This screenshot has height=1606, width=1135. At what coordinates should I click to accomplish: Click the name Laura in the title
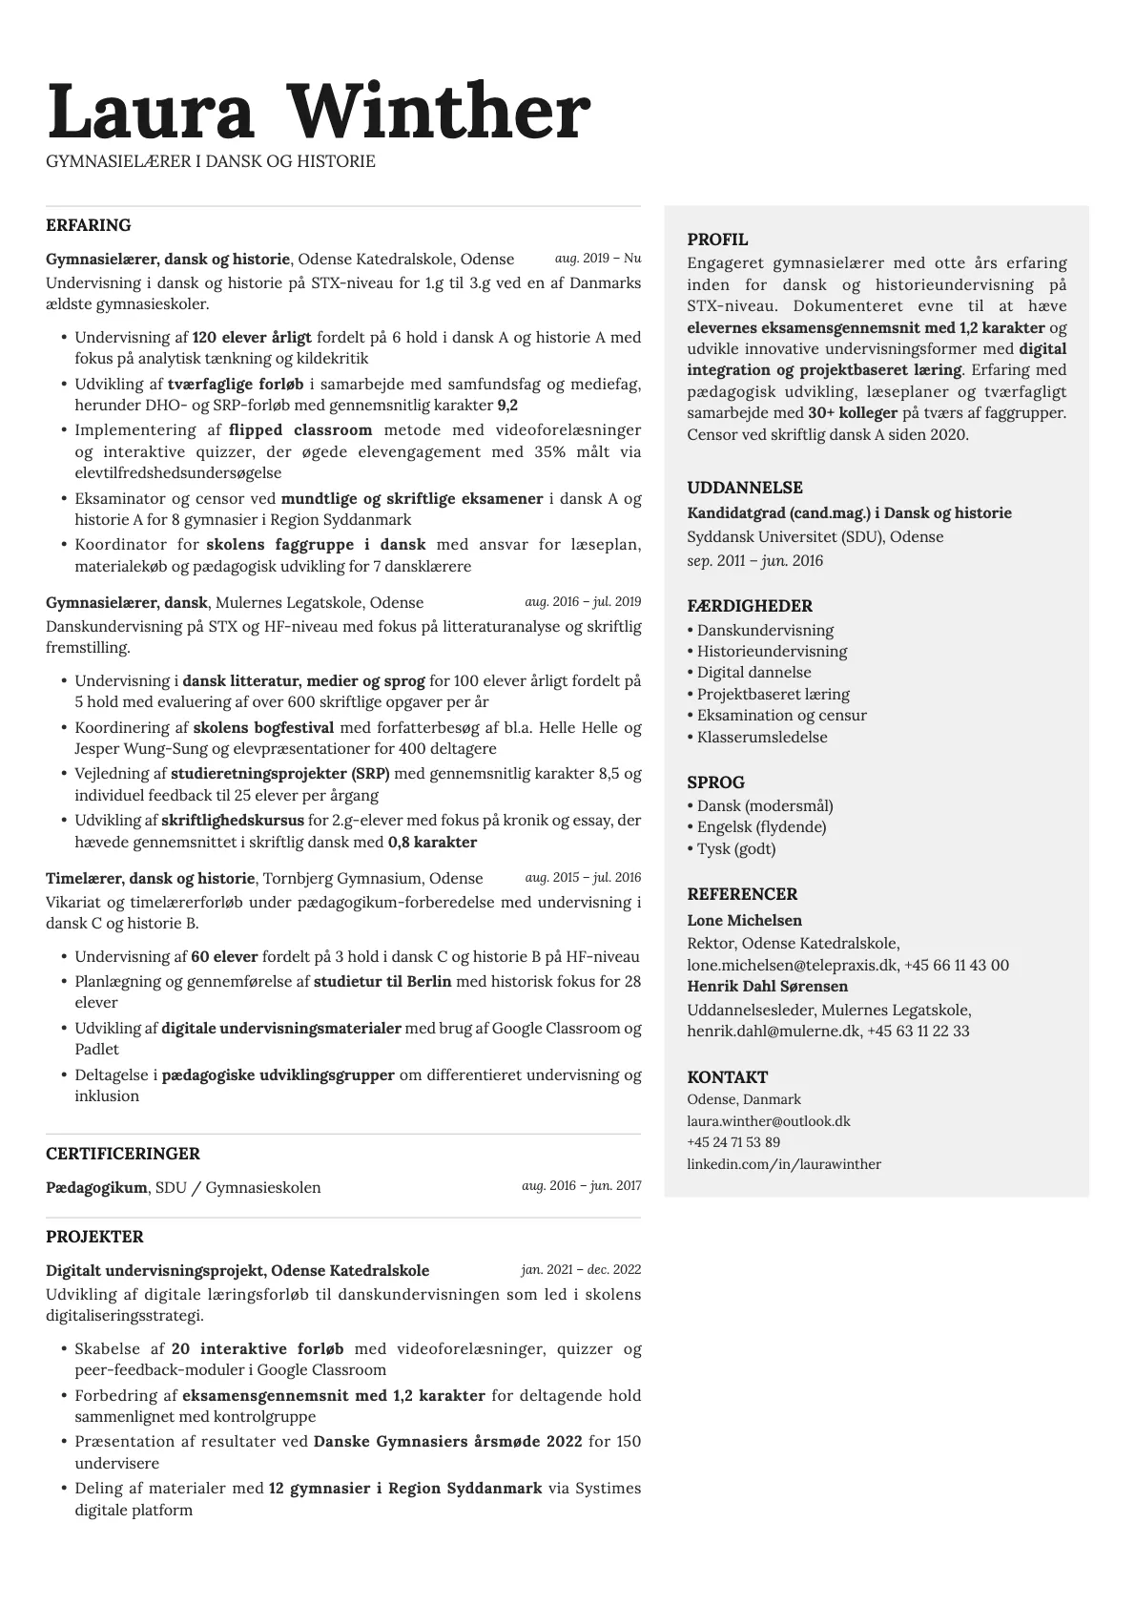[151, 113]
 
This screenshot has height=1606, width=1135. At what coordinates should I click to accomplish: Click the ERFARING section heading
[89, 225]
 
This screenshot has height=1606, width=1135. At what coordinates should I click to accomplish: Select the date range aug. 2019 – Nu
[598, 259]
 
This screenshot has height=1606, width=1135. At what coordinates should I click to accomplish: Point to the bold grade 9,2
[507, 405]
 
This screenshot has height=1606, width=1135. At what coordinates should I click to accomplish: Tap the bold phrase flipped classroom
[300, 430]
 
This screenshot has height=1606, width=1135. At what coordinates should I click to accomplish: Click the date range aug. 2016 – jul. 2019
[583, 602]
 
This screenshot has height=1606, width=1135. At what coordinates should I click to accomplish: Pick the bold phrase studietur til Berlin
[382, 982]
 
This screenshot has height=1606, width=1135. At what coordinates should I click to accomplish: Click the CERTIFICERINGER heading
[123, 1154]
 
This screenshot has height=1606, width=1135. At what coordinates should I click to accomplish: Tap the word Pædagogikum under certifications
[96, 1188]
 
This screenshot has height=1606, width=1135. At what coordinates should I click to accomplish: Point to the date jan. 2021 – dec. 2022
[581, 1270]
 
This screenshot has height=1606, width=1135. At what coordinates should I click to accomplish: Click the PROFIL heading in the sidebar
[717, 240]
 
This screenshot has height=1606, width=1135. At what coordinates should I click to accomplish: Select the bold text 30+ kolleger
[853, 413]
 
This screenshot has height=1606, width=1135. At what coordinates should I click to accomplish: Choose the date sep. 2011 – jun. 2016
[754, 561]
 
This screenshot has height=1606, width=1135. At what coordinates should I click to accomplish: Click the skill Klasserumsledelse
[762, 737]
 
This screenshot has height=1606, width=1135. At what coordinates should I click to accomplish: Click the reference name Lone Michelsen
[744, 921]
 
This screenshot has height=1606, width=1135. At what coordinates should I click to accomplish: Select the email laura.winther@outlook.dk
[768, 1121]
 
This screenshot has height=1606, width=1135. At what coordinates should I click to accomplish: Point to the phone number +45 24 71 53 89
[733, 1142]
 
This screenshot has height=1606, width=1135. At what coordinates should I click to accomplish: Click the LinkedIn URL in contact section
[783, 1164]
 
